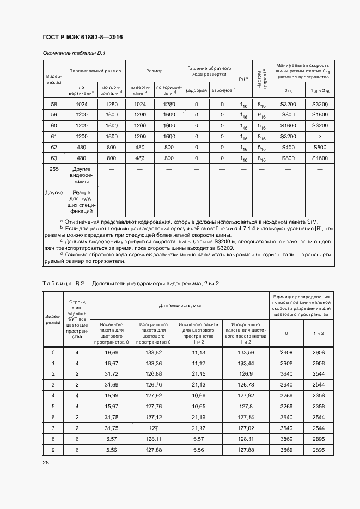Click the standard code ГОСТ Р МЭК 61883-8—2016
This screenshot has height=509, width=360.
(82, 37)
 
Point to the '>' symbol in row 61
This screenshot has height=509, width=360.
(320, 136)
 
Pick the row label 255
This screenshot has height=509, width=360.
(53, 170)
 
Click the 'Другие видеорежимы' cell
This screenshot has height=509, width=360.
(81, 176)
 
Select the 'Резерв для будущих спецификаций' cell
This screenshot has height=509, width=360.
(81, 203)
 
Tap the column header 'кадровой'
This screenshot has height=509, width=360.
(196, 90)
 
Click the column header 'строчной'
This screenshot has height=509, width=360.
(222, 90)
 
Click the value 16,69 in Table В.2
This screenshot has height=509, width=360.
(112, 353)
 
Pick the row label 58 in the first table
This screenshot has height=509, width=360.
(53, 105)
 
